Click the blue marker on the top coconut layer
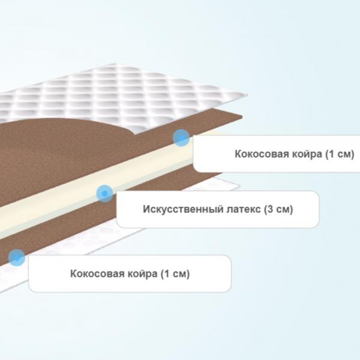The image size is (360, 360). [181, 137]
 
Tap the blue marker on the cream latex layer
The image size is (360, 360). [104, 193]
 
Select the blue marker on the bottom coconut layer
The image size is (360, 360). [17, 257]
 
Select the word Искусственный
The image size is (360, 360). [183, 209]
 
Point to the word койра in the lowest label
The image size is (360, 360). [143, 274]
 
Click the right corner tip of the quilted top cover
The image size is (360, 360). [247, 95]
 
